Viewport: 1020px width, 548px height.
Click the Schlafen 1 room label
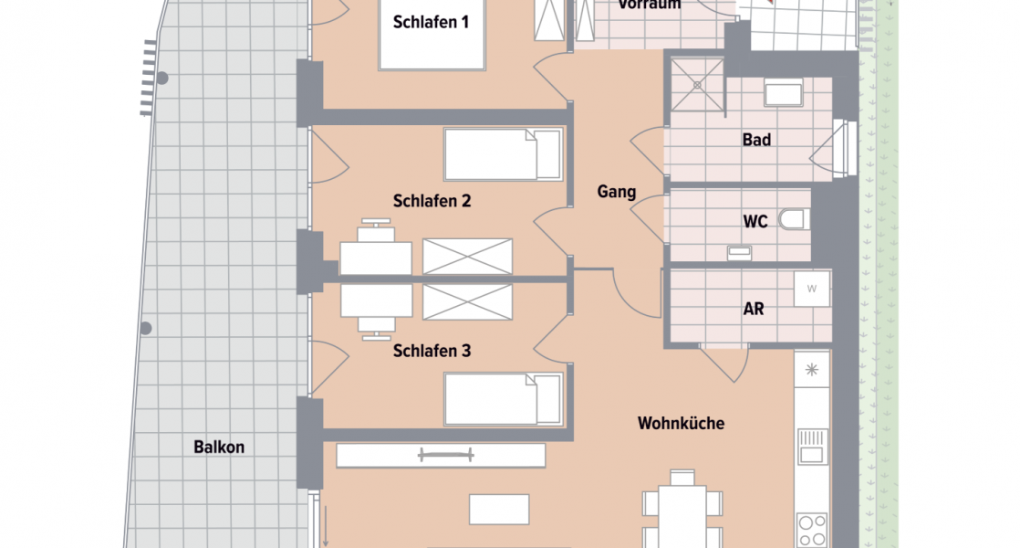pos(431,23)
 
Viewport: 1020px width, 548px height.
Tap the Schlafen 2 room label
pos(432,201)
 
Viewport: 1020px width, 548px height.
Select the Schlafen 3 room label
pos(432,351)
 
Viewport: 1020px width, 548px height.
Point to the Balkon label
pos(219,448)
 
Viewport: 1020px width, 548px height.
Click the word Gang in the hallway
pos(617,192)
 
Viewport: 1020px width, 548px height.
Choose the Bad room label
pos(756,140)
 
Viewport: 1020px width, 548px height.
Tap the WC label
pos(755,222)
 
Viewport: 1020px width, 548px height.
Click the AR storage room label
pos(753,309)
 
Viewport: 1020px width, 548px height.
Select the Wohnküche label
pos(681,423)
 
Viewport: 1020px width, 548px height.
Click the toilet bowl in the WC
pos(794,220)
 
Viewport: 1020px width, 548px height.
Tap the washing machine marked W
pos(811,289)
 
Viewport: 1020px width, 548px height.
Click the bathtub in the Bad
pos(783,95)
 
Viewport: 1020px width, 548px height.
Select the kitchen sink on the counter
pos(811,447)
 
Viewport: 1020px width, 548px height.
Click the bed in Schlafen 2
pos(502,154)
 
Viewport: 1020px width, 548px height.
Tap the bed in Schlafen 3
pos(502,399)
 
